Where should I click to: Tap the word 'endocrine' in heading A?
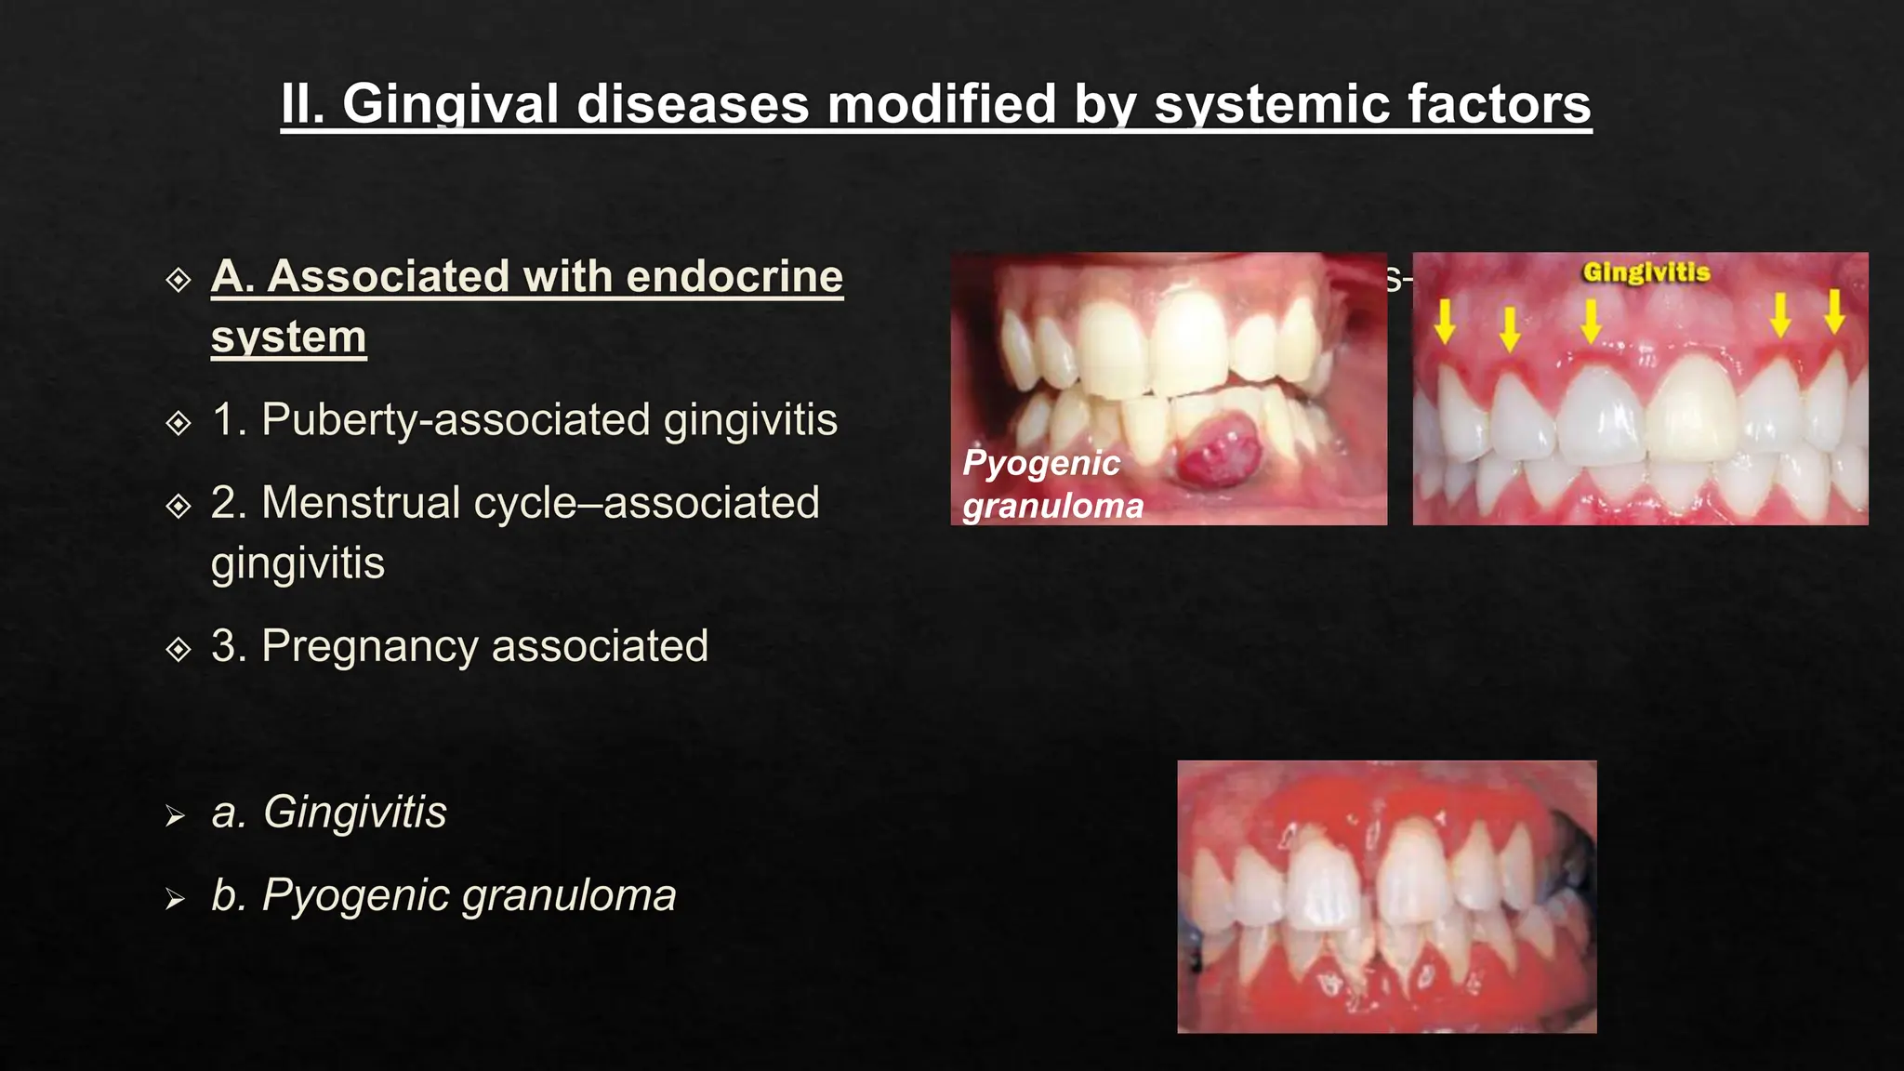coord(734,277)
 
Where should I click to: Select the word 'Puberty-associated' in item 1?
coord(456,420)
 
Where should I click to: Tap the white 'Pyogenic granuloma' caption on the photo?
coord(1051,484)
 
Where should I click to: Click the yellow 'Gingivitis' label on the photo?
coord(1646,271)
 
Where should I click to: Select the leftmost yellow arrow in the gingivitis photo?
coord(1444,321)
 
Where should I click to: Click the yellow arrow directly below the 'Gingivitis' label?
coord(1591,321)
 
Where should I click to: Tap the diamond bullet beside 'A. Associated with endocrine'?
coord(178,279)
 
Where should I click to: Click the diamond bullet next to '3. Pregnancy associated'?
coord(178,648)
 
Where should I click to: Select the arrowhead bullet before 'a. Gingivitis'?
coord(175,816)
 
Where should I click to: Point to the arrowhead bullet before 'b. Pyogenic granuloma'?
coord(175,899)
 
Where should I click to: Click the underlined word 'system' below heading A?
coord(288,337)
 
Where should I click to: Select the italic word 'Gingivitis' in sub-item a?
coord(355,813)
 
